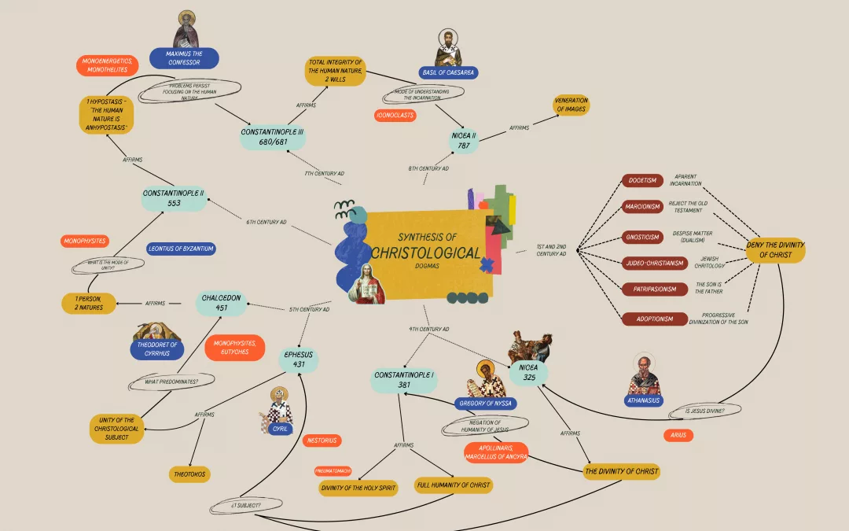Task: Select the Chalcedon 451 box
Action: [222, 303]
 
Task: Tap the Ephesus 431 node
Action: [298, 360]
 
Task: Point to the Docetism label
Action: [642, 181]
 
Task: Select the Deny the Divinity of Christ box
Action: [774, 250]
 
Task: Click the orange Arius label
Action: [679, 434]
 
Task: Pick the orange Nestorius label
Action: [322, 441]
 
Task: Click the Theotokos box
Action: [190, 474]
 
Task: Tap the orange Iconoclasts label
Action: [395, 116]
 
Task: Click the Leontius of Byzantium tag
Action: [181, 249]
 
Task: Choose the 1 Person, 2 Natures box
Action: [88, 303]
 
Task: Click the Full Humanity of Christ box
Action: [454, 485]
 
